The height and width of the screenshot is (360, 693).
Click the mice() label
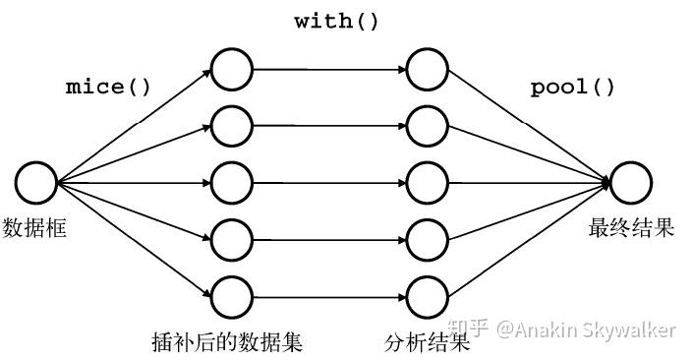(x=108, y=87)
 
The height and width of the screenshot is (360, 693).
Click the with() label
(x=336, y=21)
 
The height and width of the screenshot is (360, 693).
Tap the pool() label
(x=572, y=87)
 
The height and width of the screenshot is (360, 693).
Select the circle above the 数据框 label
(x=36, y=183)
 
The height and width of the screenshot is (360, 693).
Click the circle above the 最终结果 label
(x=630, y=183)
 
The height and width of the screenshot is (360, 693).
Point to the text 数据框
(x=35, y=228)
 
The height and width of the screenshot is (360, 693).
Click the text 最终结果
(x=631, y=228)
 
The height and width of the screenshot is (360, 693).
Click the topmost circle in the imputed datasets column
(x=232, y=69)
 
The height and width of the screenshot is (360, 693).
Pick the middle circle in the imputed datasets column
(x=232, y=183)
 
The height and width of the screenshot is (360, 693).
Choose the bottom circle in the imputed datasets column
(x=232, y=295)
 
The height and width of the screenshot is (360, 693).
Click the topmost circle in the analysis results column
(x=428, y=69)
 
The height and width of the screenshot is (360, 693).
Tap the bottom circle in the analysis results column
(x=428, y=295)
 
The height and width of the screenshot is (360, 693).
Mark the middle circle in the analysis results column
(x=428, y=183)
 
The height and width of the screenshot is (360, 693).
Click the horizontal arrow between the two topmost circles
(x=329, y=69)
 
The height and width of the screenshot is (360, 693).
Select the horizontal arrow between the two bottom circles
(x=329, y=295)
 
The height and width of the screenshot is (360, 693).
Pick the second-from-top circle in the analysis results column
(x=428, y=126)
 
